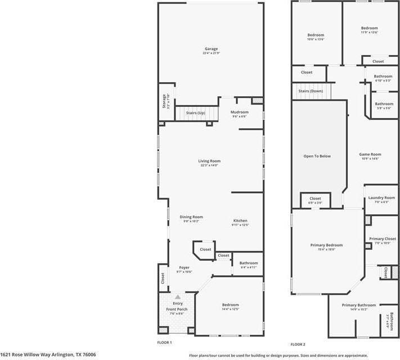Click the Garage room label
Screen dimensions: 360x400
(211, 49)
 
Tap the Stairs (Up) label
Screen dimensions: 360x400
(195, 113)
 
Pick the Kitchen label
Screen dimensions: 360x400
(240, 220)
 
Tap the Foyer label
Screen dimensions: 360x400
(184, 267)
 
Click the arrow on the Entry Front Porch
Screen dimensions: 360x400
(178, 296)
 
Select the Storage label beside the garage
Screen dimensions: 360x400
(164, 101)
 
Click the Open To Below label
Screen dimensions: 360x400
(317, 156)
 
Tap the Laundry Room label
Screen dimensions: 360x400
(381, 197)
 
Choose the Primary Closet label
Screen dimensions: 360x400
(383, 238)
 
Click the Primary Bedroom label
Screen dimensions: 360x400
(326, 245)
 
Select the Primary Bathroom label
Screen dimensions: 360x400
(358, 305)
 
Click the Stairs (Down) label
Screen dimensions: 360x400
(310, 91)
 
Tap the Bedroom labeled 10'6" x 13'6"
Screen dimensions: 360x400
(315, 35)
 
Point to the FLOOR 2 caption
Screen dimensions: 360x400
(298, 344)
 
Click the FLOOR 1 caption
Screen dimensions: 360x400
(164, 342)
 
